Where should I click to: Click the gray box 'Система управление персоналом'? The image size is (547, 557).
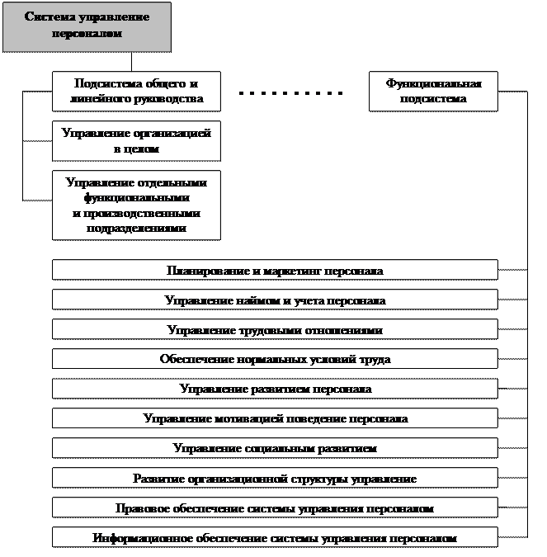click(x=87, y=26)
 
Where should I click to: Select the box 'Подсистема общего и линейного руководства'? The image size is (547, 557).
click(x=137, y=91)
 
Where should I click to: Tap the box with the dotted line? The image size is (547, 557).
click(x=295, y=87)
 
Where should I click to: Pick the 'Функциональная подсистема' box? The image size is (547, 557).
click(x=433, y=91)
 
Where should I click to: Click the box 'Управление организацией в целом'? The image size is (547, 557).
click(x=137, y=141)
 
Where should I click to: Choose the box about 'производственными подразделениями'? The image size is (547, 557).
click(x=137, y=205)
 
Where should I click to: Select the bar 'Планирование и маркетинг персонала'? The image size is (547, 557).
click(x=275, y=270)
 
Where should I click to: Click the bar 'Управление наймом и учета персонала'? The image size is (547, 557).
click(x=275, y=300)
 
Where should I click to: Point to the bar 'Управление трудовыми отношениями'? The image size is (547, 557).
click(x=275, y=330)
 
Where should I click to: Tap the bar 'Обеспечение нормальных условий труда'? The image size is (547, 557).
click(x=275, y=359)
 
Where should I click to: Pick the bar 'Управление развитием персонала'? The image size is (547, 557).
click(x=275, y=389)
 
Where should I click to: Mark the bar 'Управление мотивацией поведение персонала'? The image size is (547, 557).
click(x=275, y=418)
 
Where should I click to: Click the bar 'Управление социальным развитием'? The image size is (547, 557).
click(x=275, y=448)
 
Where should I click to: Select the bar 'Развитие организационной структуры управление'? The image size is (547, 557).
click(x=275, y=478)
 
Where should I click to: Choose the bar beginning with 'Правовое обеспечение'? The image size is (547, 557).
click(x=275, y=508)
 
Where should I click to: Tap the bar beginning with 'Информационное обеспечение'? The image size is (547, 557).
click(x=275, y=538)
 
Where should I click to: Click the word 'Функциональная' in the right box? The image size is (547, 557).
click(x=433, y=83)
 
